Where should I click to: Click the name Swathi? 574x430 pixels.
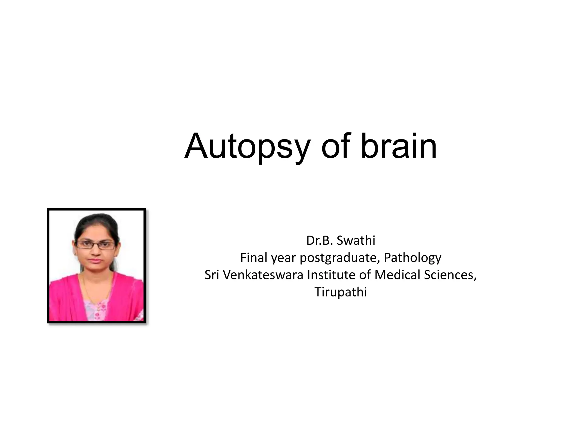pyautogui.click(x=356, y=240)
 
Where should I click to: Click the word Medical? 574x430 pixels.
pyautogui.click(x=397, y=275)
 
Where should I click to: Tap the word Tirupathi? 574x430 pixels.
pyautogui.click(x=341, y=292)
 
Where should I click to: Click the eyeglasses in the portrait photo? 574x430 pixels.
pyautogui.click(x=95, y=245)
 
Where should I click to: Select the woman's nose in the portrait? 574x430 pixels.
pyautogui.click(x=96, y=251)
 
